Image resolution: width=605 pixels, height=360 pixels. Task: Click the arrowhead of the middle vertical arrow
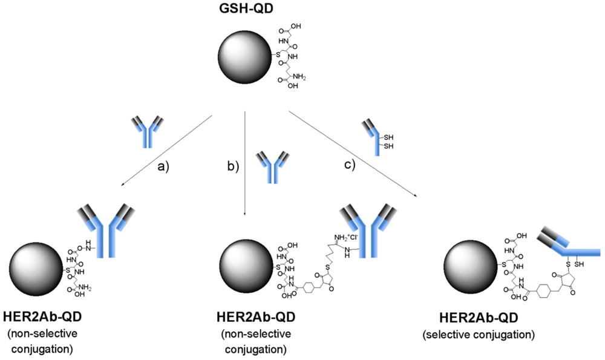(244, 213)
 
